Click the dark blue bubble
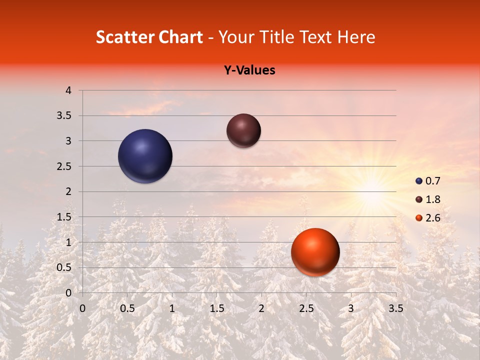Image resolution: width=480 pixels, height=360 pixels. tap(145, 156)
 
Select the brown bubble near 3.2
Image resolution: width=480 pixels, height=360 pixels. tap(243, 130)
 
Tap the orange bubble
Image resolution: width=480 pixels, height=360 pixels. tap(315, 252)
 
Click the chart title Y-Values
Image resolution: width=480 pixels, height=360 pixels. tap(249, 70)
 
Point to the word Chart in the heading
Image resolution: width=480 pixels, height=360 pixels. tap(181, 37)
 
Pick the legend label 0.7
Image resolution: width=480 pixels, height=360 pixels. tap(432, 181)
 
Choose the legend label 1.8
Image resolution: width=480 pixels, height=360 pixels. tap(432, 199)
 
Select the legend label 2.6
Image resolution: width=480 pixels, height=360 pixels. tap(432, 218)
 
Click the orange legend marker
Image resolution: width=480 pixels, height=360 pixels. tap(419, 218)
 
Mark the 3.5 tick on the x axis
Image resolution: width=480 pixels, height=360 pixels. tap(395, 308)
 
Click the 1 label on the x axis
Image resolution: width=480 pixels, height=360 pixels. tap(172, 308)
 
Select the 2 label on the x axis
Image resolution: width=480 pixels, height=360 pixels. tap(261, 308)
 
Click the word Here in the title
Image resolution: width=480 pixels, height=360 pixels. tap(356, 37)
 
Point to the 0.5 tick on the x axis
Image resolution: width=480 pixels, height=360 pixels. tap(127, 308)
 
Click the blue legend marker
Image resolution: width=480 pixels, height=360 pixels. tap(419, 181)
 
